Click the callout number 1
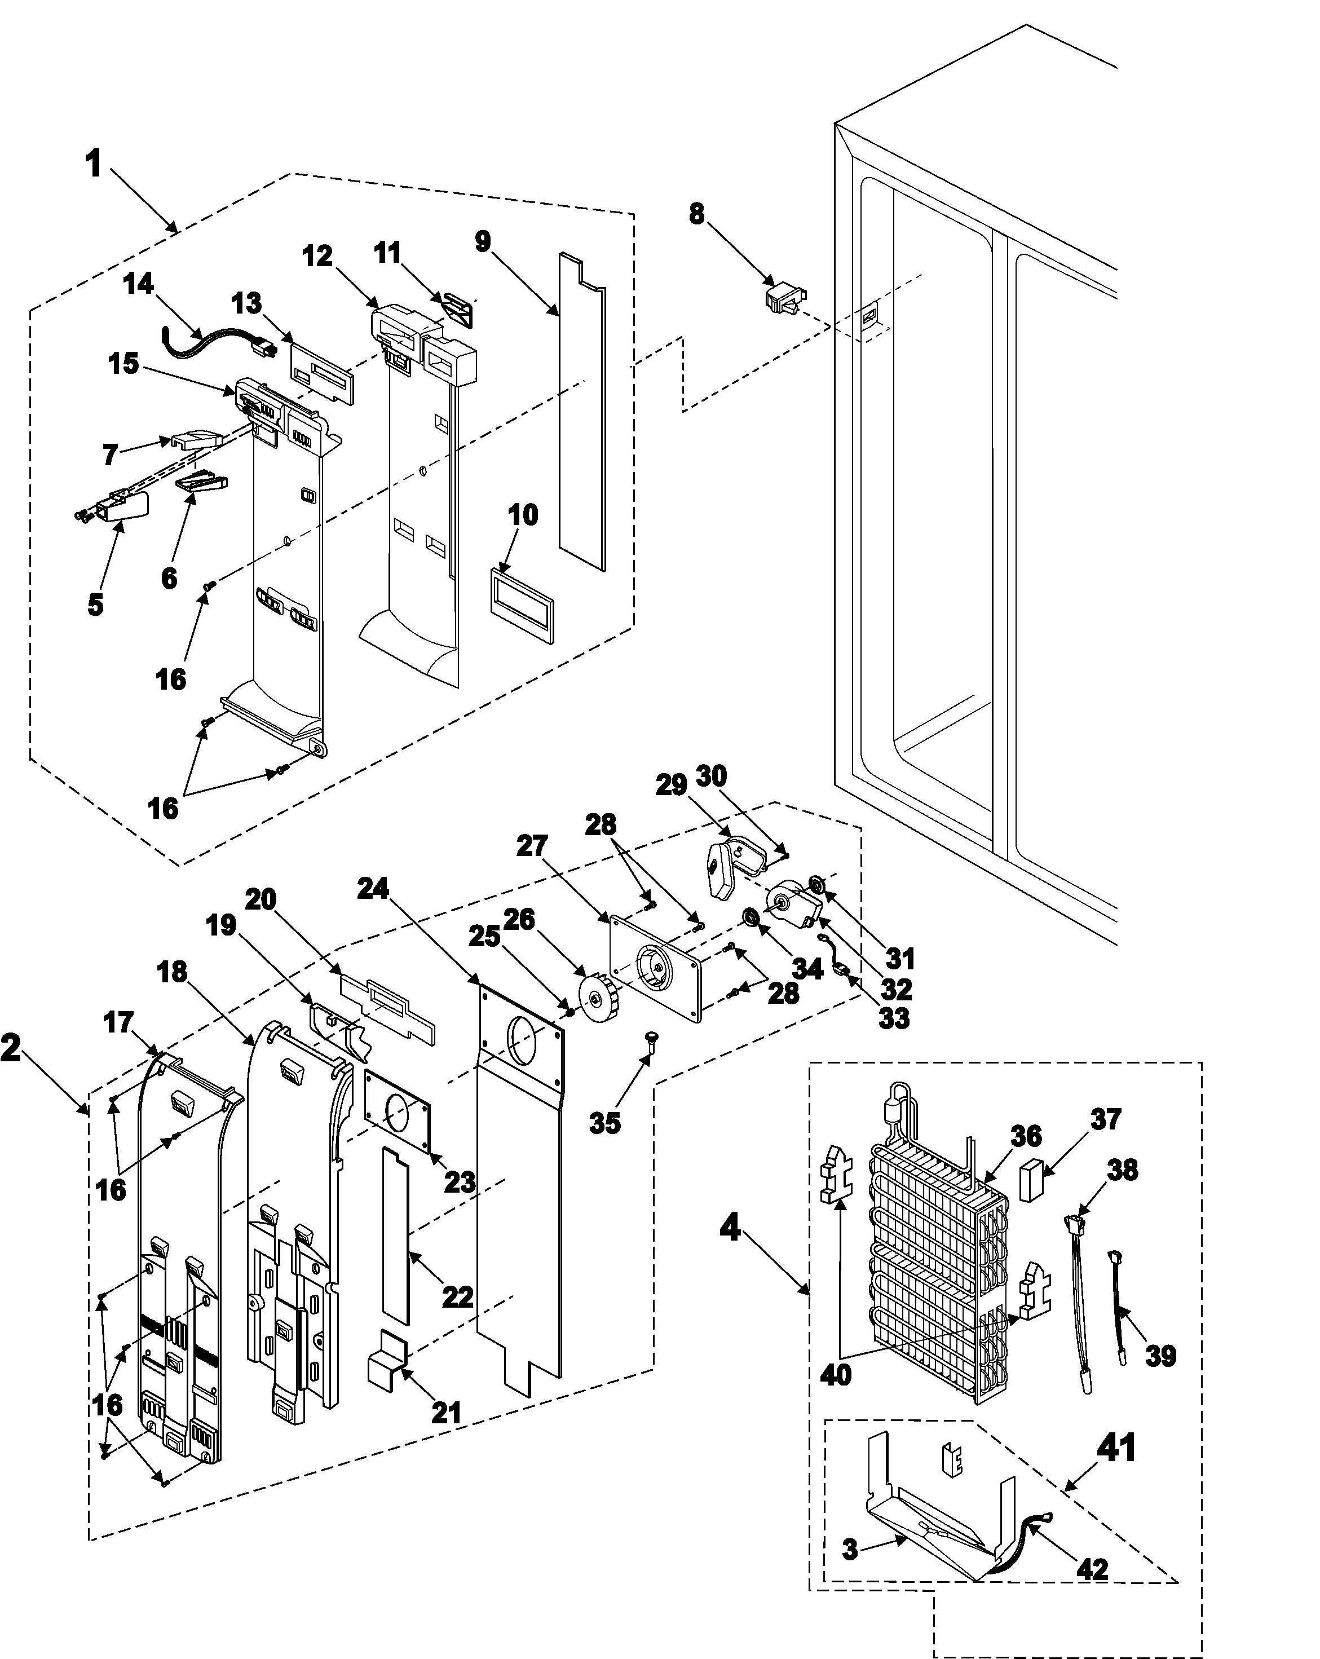94,164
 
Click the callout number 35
604,1123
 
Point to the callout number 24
373,889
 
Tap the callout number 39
1160,1355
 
